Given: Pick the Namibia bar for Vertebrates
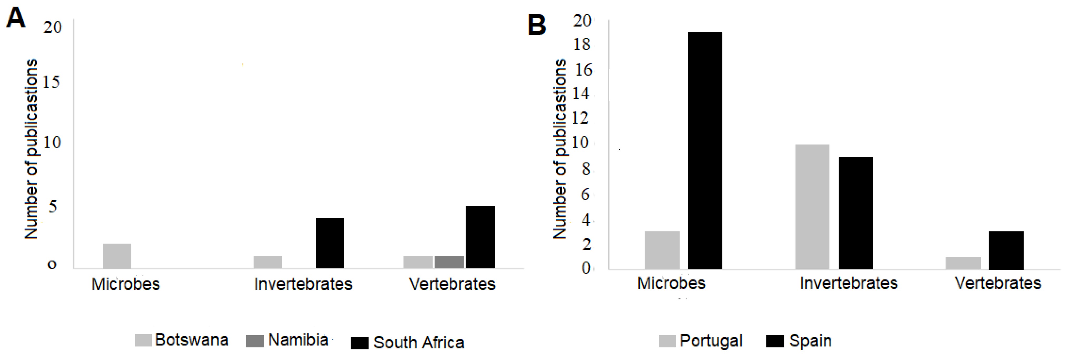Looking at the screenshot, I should coord(449,262).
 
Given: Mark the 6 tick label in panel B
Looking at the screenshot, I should coord(585,194).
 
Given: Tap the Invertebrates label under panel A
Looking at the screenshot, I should coord(303,284).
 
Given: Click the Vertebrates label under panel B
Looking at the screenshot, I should coord(997,283).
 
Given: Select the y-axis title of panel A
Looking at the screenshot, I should coord(31,149).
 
